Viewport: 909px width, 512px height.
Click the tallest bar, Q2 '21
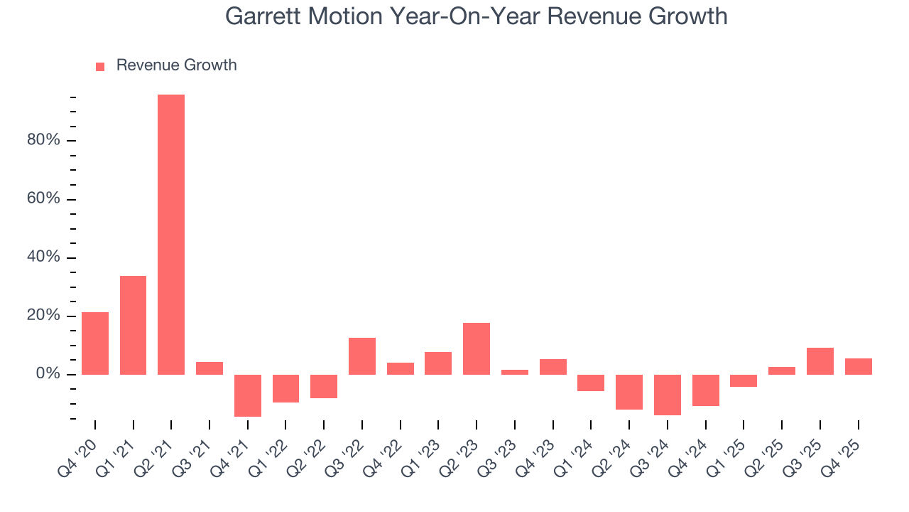tap(171, 235)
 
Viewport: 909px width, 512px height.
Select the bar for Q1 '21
tap(133, 325)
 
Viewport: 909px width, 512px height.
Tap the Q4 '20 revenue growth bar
tap(95, 343)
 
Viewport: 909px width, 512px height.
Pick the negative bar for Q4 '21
tap(248, 395)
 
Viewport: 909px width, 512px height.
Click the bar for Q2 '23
tap(477, 348)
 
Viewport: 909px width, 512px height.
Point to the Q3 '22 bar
tap(362, 356)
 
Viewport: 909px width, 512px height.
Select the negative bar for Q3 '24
tap(668, 395)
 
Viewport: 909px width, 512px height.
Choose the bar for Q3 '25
tap(820, 361)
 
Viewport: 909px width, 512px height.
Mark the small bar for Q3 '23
tap(515, 372)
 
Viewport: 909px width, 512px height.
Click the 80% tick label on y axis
tap(43, 140)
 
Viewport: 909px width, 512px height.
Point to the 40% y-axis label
tap(43, 257)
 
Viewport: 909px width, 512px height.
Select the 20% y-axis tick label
tap(43, 316)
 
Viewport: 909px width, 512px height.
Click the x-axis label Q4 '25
tap(848, 446)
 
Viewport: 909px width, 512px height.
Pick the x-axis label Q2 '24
tap(619, 446)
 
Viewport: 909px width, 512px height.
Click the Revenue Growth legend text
tap(176, 65)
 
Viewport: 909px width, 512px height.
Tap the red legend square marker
tap(100, 66)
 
